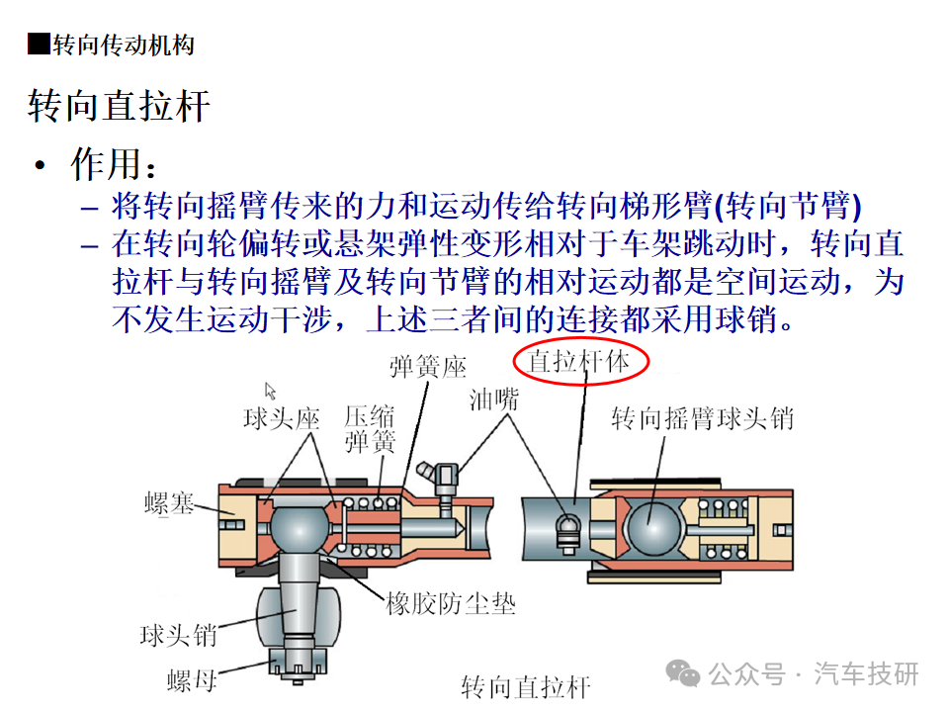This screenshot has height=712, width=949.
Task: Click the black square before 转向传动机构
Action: tap(39, 44)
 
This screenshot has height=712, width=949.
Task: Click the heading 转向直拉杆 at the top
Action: tap(119, 106)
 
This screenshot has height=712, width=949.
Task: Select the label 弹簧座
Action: tap(428, 367)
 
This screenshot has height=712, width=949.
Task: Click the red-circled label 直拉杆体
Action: tap(578, 362)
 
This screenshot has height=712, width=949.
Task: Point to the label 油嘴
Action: tap(494, 400)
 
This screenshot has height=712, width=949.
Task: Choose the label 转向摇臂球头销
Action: tap(702, 418)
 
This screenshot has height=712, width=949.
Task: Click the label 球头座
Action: tap(282, 418)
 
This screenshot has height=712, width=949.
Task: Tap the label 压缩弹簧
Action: tap(370, 429)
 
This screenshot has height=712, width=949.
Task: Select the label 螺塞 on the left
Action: tap(169, 503)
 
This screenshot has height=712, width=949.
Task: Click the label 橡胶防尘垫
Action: tap(451, 603)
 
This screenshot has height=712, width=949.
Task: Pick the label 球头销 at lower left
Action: tap(178, 636)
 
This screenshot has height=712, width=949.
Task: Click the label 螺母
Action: tap(192, 681)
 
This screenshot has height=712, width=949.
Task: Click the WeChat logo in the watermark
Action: tap(682, 673)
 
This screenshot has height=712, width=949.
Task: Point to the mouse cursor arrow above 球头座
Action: tap(270, 391)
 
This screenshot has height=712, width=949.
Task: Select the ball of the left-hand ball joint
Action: tap(298, 529)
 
